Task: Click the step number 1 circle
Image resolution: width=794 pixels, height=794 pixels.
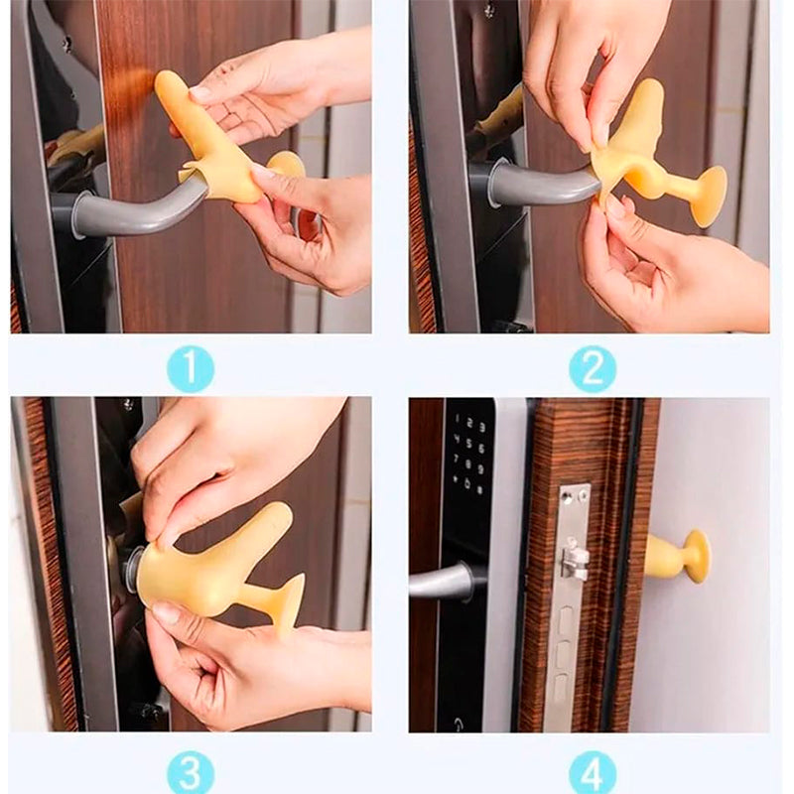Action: (x=191, y=368)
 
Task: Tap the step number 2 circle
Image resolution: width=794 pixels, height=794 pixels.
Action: (x=593, y=368)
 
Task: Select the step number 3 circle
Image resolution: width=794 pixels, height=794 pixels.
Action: (x=191, y=772)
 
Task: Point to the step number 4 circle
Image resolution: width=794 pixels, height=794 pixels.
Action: (x=593, y=772)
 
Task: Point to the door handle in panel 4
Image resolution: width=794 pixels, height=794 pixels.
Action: (x=441, y=583)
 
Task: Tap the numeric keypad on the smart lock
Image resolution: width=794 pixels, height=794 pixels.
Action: (x=468, y=454)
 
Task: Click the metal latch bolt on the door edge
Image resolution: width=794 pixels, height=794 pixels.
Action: (x=574, y=560)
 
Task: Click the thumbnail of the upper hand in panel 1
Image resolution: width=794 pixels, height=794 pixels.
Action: (x=200, y=92)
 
